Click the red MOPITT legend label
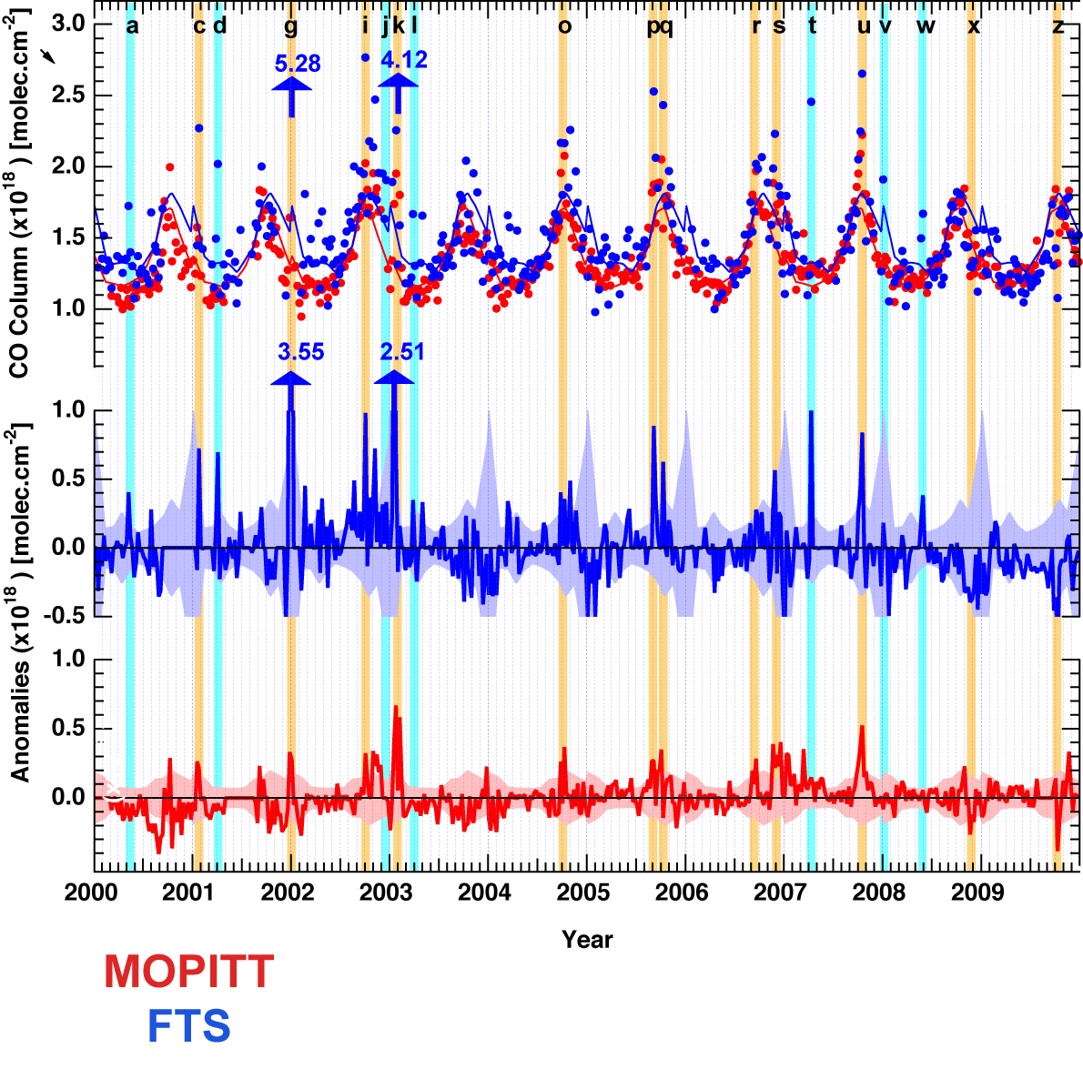(188, 972)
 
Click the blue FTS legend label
(188, 1026)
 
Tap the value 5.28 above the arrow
(298, 64)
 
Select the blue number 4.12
(403, 60)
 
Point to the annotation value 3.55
(300, 352)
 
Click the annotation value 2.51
(402, 352)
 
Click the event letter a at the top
(132, 25)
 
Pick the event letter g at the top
(290, 26)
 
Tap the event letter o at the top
(564, 25)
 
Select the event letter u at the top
(864, 25)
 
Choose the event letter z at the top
(1058, 25)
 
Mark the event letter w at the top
(926, 25)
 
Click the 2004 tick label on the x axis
(484, 892)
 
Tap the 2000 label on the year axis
(91, 892)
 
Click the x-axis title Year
(587, 939)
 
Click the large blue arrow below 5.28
(291, 96)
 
